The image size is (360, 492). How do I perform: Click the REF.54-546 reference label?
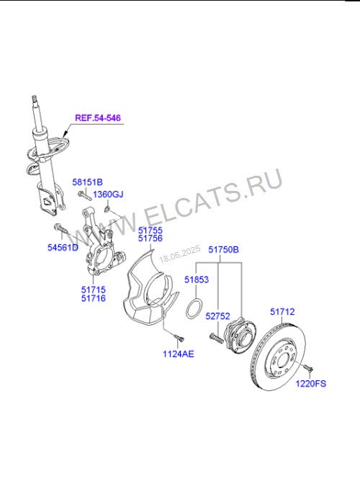pos(98,118)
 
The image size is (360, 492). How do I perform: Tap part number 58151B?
pos(88,182)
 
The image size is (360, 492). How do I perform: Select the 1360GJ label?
pos(108,194)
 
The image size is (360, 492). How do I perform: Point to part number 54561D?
pos(63,247)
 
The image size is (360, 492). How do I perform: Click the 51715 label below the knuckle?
pos(94,290)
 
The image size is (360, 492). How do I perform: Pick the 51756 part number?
pos(150,238)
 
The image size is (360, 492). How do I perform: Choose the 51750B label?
pos(224,249)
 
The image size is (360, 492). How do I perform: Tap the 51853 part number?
pos(197,279)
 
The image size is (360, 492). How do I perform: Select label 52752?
pos(217,316)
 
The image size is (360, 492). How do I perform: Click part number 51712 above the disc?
pos(282,312)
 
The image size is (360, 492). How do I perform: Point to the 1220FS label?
pos(311,383)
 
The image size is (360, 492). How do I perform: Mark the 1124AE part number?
pos(179,354)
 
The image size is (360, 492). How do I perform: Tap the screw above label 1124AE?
pos(179,338)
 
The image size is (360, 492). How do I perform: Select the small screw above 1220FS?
pos(308,368)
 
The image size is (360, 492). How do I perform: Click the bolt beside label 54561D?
pos(60,228)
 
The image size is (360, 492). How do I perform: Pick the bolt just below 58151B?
pos(84,195)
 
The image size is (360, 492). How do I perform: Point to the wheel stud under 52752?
pos(216,339)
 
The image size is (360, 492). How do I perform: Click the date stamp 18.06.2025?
pos(180,254)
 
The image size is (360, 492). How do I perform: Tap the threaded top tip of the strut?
pos(35,98)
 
